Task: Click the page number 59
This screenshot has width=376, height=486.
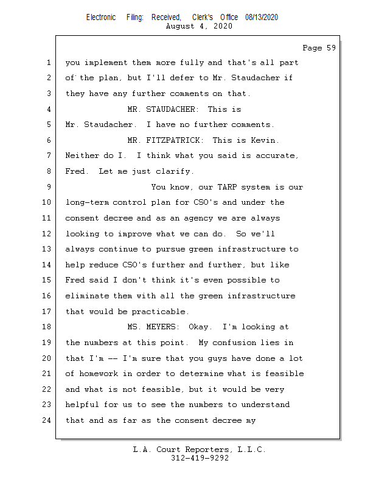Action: point(330,48)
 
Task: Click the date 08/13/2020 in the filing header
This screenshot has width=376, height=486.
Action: point(262,18)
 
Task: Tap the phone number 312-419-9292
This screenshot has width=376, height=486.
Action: point(200,459)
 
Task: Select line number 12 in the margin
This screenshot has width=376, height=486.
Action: point(48,234)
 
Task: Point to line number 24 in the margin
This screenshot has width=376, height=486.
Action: point(48,420)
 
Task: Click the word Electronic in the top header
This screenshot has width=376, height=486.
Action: point(101,18)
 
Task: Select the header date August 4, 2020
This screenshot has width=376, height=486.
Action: point(200,27)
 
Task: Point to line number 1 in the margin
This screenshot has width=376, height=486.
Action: point(48,63)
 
